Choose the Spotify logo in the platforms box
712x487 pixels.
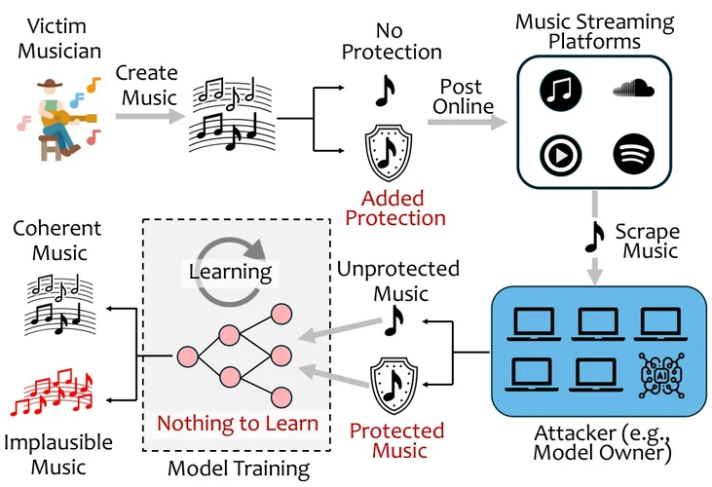pos(632,154)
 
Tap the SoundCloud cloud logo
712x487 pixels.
pos(632,91)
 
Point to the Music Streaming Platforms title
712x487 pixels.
pos(594,31)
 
